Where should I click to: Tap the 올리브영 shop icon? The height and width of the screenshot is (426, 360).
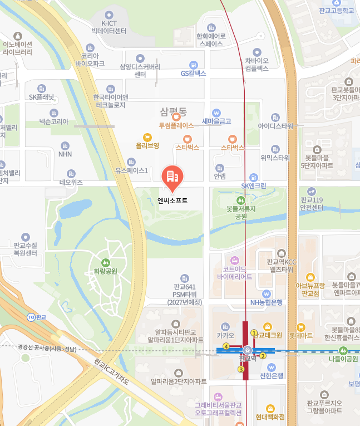click(x=147, y=137)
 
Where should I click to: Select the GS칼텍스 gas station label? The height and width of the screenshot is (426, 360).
click(x=194, y=73)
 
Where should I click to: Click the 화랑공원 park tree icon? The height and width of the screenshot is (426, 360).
click(x=106, y=262)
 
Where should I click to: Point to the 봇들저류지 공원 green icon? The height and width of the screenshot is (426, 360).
click(x=240, y=200)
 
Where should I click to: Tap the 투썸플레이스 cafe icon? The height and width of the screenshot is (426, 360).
click(x=176, y=117)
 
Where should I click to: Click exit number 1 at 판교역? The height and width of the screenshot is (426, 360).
click(x=254, y=333)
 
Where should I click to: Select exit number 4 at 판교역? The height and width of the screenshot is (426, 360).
click(x=226, y=346)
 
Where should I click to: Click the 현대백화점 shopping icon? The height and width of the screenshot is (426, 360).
click(x=270, y=408)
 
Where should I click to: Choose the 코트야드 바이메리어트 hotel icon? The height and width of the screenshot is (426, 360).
click(x=234, y=260)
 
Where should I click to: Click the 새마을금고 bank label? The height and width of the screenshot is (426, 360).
click(x=216, y=121)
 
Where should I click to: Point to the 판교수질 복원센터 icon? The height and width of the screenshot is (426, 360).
click(x=25, y=237)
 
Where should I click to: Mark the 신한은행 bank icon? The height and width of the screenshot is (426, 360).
click(x=271, y=368)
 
